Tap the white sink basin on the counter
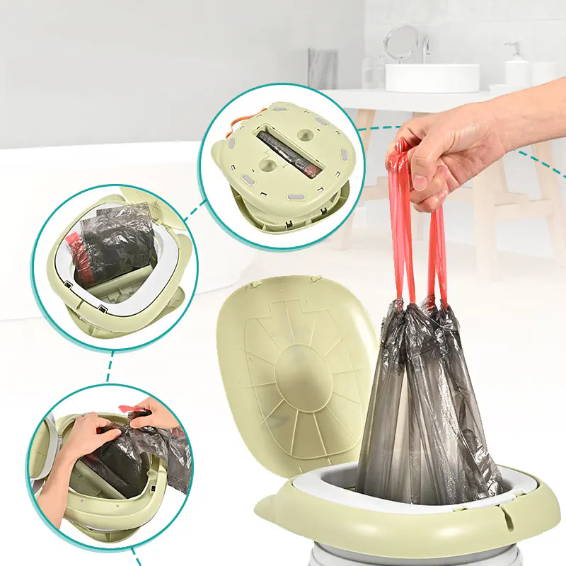432,77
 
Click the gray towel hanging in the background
323,68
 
